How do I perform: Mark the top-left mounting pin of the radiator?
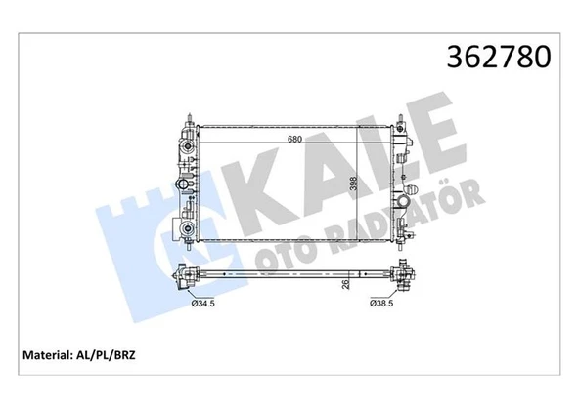click(x=186, y=118)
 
